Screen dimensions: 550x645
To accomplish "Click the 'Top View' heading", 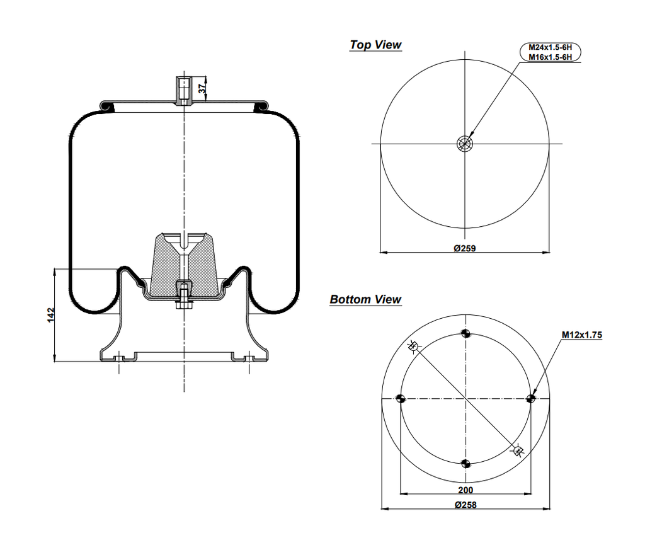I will pyautogui.click(x=375, y=45).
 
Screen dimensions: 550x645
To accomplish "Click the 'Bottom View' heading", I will pyautogui.click(x=365, y=299).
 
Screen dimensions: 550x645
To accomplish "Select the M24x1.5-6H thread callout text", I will pyautogui.click(x=550, y=48).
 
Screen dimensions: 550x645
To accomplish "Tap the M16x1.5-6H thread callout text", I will pyautogui.click(x=550, y=57).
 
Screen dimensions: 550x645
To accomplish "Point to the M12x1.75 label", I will pyautogui.click(x=582, y=335).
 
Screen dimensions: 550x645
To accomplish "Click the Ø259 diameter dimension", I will pyautogui.click(x=465, y=248).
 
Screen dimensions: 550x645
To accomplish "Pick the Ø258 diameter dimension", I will pyautogui.click(x=465, y=505).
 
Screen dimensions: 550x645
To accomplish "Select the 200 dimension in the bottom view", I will pyautogui.click(x=465, y=490).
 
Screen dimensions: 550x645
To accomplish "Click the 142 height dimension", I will pyautogui.click(x=51, y=315).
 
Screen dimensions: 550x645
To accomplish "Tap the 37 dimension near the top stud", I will pyautogui.click(x=202, y=89).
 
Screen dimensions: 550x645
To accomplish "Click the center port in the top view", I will pyautogui.click(x=464, y=144).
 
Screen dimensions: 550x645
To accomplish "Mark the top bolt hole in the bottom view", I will pyautogui.click(x=465, y=333).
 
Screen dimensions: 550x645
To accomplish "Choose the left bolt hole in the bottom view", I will pyautogui.click(x=399, y=398).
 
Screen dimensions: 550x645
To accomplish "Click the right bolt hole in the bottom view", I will pyautogui.click(x=530, y=398).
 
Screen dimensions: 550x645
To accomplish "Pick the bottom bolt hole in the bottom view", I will pyautogui.click(x=465, y=464).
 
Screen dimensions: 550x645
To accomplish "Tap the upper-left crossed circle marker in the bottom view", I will pyautogui.click(x=413, y=346).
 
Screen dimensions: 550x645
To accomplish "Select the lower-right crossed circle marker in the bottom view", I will pyautogui.click(x=518, y=450).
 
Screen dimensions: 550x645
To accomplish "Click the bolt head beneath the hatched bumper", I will pyautogui.click(x=183, y=306).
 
